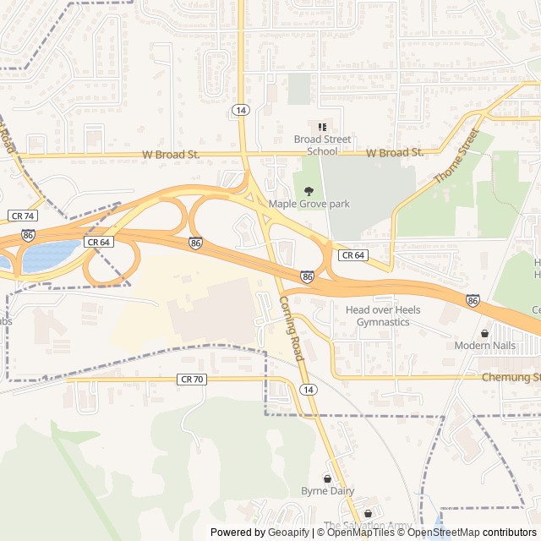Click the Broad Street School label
click(315, 145)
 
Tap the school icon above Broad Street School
click(322, 127)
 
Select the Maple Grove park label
click(309, 204)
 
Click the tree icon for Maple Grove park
click(309, 191)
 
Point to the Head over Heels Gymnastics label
click(383, 316)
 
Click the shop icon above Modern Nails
click(484, 333)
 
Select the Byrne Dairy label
click(327, 491)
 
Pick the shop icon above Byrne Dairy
click(328, 478)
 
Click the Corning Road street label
click(290, 329)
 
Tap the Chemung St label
click(511, 377)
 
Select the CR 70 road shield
click(192, 380)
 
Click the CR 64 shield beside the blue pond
click(98, 242)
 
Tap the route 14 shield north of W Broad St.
click(241, 110)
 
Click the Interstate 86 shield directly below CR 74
click(29, 235)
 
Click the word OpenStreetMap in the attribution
click(445, 533)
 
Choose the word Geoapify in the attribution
click(290, 533)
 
